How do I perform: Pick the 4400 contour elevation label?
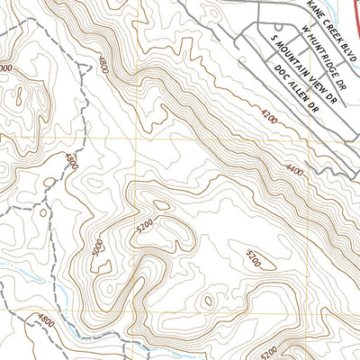click(294, 168)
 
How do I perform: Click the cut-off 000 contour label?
click(5, 67)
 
